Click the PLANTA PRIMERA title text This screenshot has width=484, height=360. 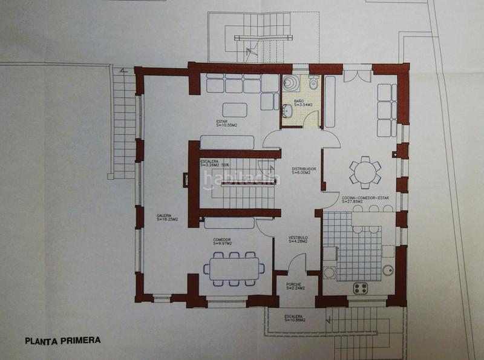[x=62, y=340]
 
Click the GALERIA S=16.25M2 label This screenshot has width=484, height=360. [x=166, y=218]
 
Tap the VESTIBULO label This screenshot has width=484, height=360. [x=297, y=240]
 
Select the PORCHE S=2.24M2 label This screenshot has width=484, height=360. [x=294, y=286]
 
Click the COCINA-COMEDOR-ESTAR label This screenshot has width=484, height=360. [x=367, y=199]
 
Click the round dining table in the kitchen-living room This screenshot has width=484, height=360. [x=367, y=171]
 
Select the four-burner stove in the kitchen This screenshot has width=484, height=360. [x=361, y=288]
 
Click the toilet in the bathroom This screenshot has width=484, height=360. [x=314, y=82]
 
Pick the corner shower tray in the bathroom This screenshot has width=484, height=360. [x=291, y=83]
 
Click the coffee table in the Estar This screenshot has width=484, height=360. [x=234, y=110]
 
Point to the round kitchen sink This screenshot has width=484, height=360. [x=388, y=270]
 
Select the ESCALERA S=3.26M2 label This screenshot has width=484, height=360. [x=213, y=163]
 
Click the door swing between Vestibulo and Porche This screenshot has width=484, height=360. [x=296, y=264]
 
